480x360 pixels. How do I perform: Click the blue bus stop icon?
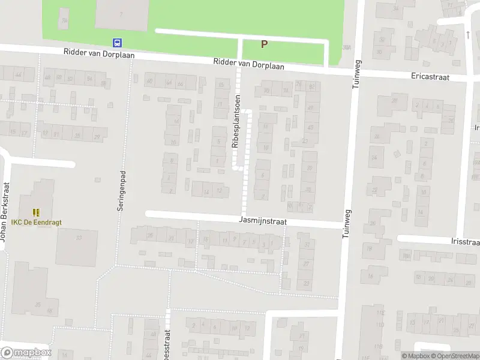118,43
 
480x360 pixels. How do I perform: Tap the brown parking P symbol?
263,44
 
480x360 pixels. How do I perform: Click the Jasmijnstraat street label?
262,221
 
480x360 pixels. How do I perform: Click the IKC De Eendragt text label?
36,222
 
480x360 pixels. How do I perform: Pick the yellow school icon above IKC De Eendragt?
36,212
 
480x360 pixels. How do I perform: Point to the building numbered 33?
79,238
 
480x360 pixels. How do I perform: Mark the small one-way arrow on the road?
467,35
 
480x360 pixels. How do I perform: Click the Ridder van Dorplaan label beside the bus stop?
99,53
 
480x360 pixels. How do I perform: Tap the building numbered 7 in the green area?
122,13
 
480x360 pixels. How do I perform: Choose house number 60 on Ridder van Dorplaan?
149,81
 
